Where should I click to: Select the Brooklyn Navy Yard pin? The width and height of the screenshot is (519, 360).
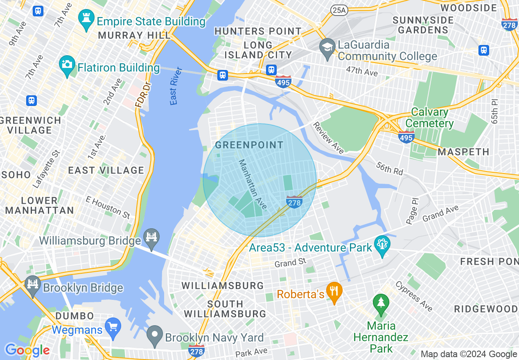pos(155,336)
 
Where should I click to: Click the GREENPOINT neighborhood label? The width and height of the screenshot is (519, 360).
pos(249,145)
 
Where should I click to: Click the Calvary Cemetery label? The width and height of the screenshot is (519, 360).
pos(429,117)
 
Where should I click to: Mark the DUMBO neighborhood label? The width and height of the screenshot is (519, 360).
pos(74,316)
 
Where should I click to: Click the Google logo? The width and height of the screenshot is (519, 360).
pos(27,350)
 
